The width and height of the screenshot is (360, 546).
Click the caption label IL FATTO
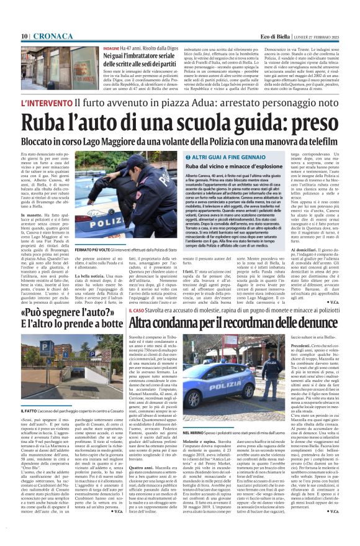tap(30, 410)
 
